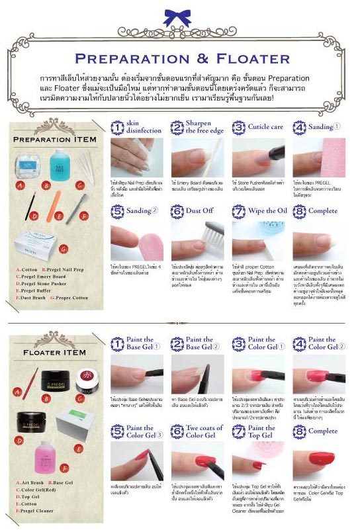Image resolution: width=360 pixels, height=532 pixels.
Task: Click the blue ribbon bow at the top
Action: (x=181, y=17)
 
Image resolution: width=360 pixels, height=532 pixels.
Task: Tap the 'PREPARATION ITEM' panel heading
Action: (x=55, y=140)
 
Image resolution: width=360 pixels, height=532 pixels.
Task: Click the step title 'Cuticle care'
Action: (x=266, y=126)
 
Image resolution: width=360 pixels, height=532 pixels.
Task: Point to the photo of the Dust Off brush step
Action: (x=198, y=241)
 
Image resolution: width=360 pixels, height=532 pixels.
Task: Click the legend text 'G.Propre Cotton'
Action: (x=72, y=298)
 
